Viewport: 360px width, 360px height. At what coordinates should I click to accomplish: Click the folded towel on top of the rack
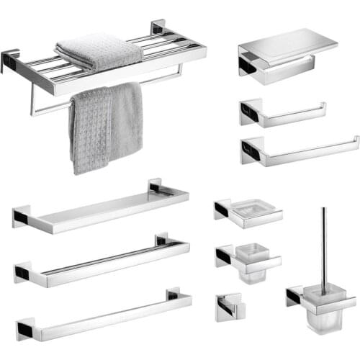[97, 53]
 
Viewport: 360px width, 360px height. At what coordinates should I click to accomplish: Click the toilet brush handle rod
[324, 245]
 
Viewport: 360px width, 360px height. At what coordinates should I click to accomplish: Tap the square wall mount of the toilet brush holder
[294, 296]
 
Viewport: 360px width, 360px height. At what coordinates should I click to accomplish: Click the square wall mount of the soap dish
[222, 210]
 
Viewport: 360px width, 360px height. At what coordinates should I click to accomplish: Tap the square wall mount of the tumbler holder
[224, 255]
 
